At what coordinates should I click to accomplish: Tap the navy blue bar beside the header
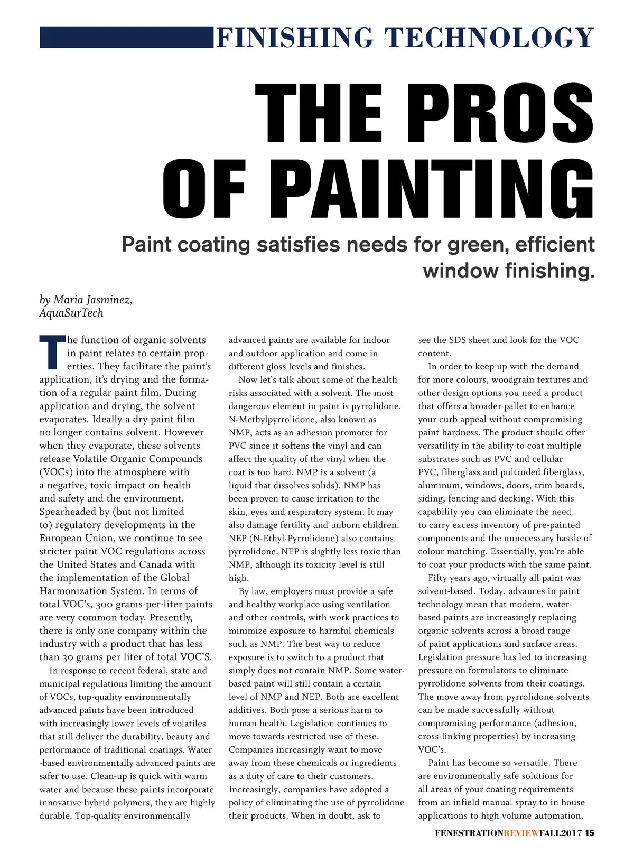pos(126,38)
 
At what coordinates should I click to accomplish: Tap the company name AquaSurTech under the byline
pos(71,313)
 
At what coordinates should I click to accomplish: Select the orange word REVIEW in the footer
pos(521,833)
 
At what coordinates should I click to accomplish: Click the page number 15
pos(589,833)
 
